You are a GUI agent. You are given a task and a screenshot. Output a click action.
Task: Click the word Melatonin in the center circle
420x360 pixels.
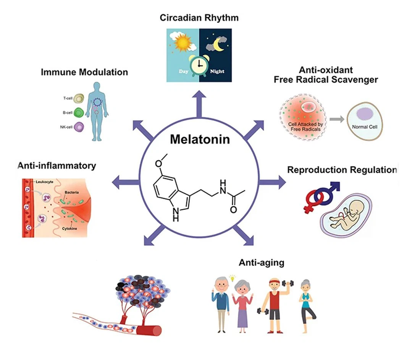click(x=200, y=139)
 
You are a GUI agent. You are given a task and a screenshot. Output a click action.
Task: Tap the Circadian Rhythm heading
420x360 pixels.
click(x=199, y=18)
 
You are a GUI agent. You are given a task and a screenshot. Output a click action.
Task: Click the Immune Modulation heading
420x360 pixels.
click(x=84, y=71)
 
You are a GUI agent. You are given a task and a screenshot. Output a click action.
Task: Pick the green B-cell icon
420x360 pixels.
click(x=79, y=113)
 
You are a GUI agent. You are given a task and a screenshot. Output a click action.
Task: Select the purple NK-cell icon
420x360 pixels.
click(x=79, y=126)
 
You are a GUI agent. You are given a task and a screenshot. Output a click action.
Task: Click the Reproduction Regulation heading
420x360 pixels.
click(x=342, y=169)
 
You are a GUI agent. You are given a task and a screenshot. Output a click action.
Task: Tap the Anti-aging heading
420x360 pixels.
click(x=261, y=263)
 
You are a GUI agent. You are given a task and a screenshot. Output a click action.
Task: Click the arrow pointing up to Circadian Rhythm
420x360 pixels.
click(x=199, y=104)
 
